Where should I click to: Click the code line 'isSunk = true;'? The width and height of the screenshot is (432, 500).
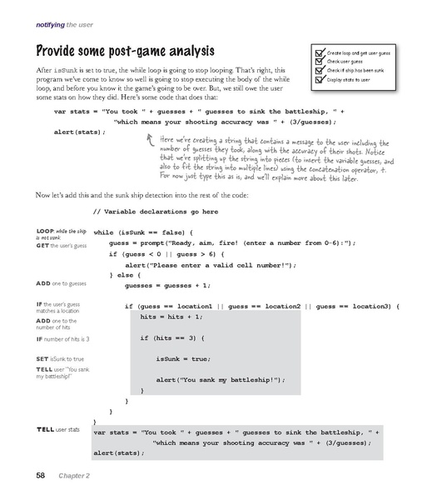[x=181, y=358]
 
